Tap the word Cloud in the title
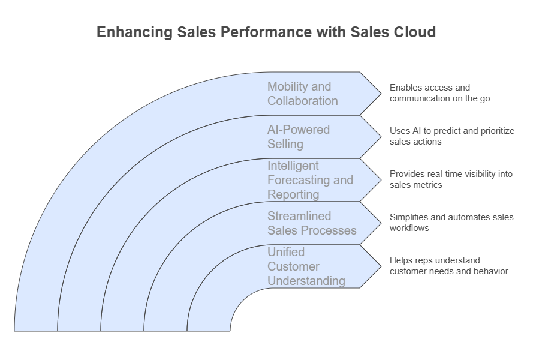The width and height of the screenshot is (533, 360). coord(414,32)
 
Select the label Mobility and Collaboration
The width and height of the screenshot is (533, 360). coord(302,94)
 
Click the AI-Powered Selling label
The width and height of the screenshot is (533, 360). coord(298,137)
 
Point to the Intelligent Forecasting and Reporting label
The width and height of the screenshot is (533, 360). coord(310,180)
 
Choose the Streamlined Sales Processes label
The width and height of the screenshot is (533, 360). coord(312,223)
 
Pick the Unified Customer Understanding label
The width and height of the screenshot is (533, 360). coord(306,266)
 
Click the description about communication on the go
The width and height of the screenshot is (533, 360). coord(439,93)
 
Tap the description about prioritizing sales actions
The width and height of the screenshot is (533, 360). coord(451,136)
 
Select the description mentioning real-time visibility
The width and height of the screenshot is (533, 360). coord(451,179)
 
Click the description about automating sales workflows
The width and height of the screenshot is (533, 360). coord(451,223)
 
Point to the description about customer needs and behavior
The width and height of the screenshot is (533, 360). coord(448,266)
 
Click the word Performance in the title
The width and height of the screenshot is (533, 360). coord(262,32)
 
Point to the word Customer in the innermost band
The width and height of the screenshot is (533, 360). coord(293,266)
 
